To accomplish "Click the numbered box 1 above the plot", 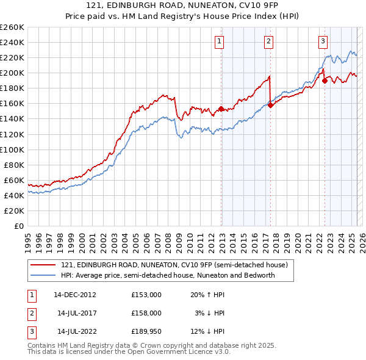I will (219, 41).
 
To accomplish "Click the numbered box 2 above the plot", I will (268, 41).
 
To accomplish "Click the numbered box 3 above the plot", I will (323, 41).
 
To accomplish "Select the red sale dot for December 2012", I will (221, 109).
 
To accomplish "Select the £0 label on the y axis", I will (18, 226).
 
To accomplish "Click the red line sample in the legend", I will (44, 265).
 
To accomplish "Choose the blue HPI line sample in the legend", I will (44, 275).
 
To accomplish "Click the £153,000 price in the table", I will (146, 294).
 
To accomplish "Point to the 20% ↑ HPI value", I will (207, 294).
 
